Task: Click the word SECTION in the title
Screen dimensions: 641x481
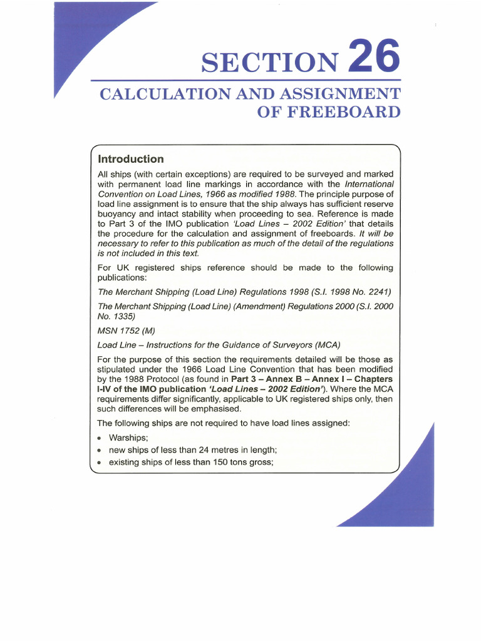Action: click(269, 62)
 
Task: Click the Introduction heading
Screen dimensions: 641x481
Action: click(131, 159)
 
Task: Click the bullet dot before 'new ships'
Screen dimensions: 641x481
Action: click(100, 450)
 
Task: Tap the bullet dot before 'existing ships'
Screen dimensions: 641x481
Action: click(100, 463)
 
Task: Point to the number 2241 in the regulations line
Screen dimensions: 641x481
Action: click(373, 292)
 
